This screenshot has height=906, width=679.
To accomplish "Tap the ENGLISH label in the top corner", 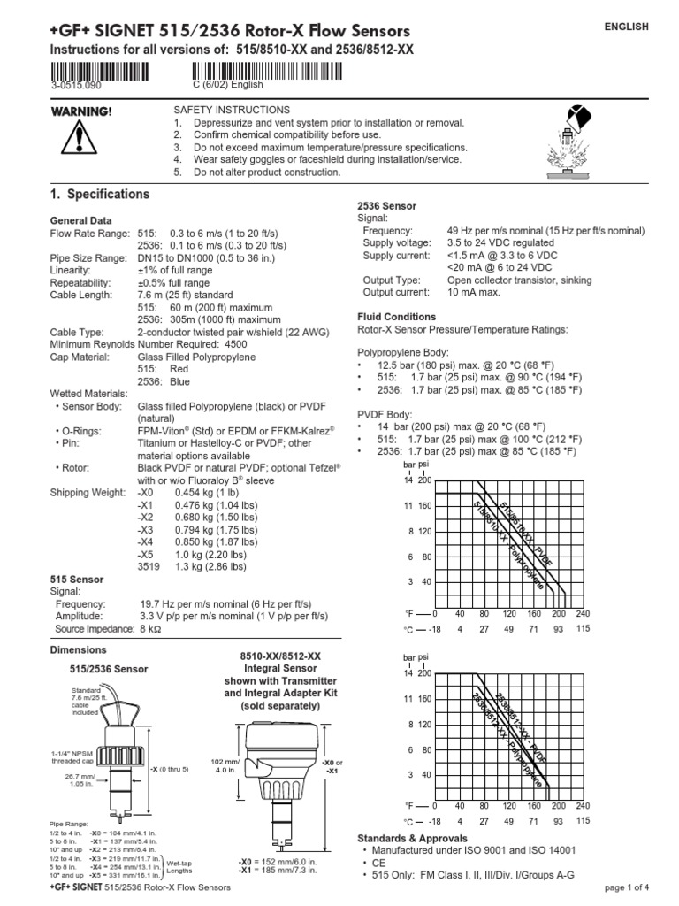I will [626, 27].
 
